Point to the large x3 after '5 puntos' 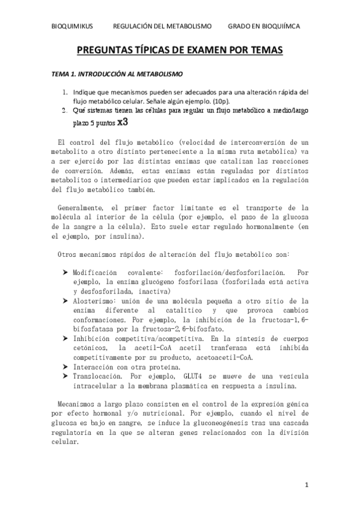pos(123,121)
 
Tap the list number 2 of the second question pos(65,111)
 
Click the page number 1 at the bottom pos(307,484)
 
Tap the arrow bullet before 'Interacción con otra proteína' pos(64,366)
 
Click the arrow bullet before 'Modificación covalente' pos(64,273)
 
